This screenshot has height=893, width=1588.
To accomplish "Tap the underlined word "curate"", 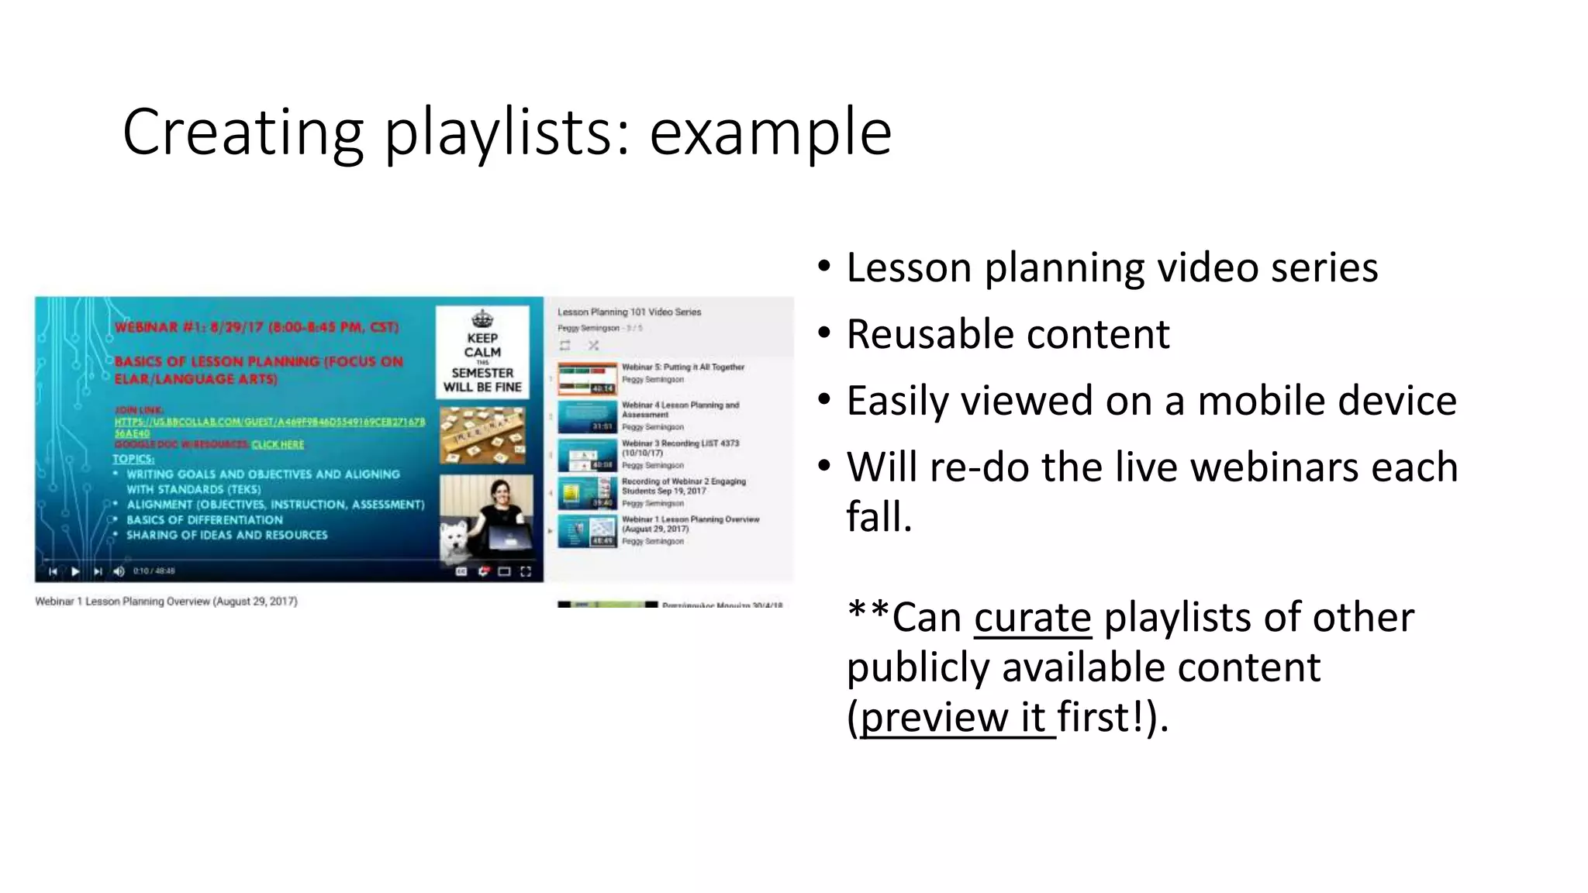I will (x=1032, y=618).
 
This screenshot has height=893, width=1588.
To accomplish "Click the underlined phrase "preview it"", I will (x=957, y=717).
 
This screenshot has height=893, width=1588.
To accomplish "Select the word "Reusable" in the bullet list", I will (x=923, y=335).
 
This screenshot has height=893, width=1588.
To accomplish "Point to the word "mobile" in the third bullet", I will (x=1261, y=402).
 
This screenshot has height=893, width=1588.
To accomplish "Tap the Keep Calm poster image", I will (x=482, y=353).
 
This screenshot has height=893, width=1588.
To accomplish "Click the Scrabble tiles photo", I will (x=482, y=436).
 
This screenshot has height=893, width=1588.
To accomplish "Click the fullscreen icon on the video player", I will (x=526, y=571).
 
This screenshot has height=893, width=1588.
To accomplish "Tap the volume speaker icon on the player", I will (x=119, y=571).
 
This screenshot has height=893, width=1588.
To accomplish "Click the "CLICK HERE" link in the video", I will (x=278, y=445).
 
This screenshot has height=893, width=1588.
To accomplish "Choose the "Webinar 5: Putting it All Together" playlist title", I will (x=682, y=367).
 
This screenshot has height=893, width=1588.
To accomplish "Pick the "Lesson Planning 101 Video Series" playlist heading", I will (x=629, y=312).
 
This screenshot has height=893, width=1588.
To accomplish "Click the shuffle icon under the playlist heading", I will (x=593, y=346).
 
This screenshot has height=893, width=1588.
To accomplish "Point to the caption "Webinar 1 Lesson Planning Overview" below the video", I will (x=166, y=602).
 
